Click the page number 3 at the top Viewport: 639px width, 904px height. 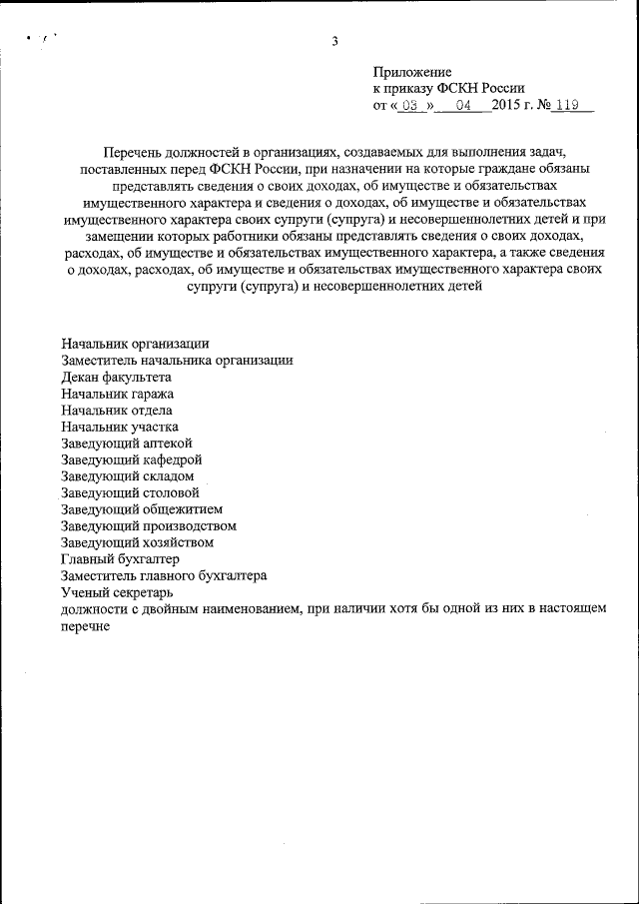coord(335,41)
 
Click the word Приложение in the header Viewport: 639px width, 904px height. coord(412,72)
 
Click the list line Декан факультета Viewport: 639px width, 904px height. coord(116,378)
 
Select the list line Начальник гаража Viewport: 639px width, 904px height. coord(117,394)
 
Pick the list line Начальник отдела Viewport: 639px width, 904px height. coord(116,411)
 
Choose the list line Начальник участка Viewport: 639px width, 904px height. coord(119,427)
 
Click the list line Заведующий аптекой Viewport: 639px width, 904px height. coord(126,444)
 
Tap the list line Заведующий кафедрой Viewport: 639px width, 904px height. coord(132,459)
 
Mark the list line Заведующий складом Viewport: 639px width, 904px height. coord(127,476)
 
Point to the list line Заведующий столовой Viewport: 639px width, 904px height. coord(130,492)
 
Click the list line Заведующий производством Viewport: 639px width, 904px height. coord(148,525)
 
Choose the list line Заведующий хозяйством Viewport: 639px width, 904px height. coord(137,542)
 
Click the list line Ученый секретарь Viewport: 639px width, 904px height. coord(117,591)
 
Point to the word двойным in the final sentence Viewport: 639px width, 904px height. coord(175,608)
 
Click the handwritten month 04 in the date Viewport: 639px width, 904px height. coord(461,104)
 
